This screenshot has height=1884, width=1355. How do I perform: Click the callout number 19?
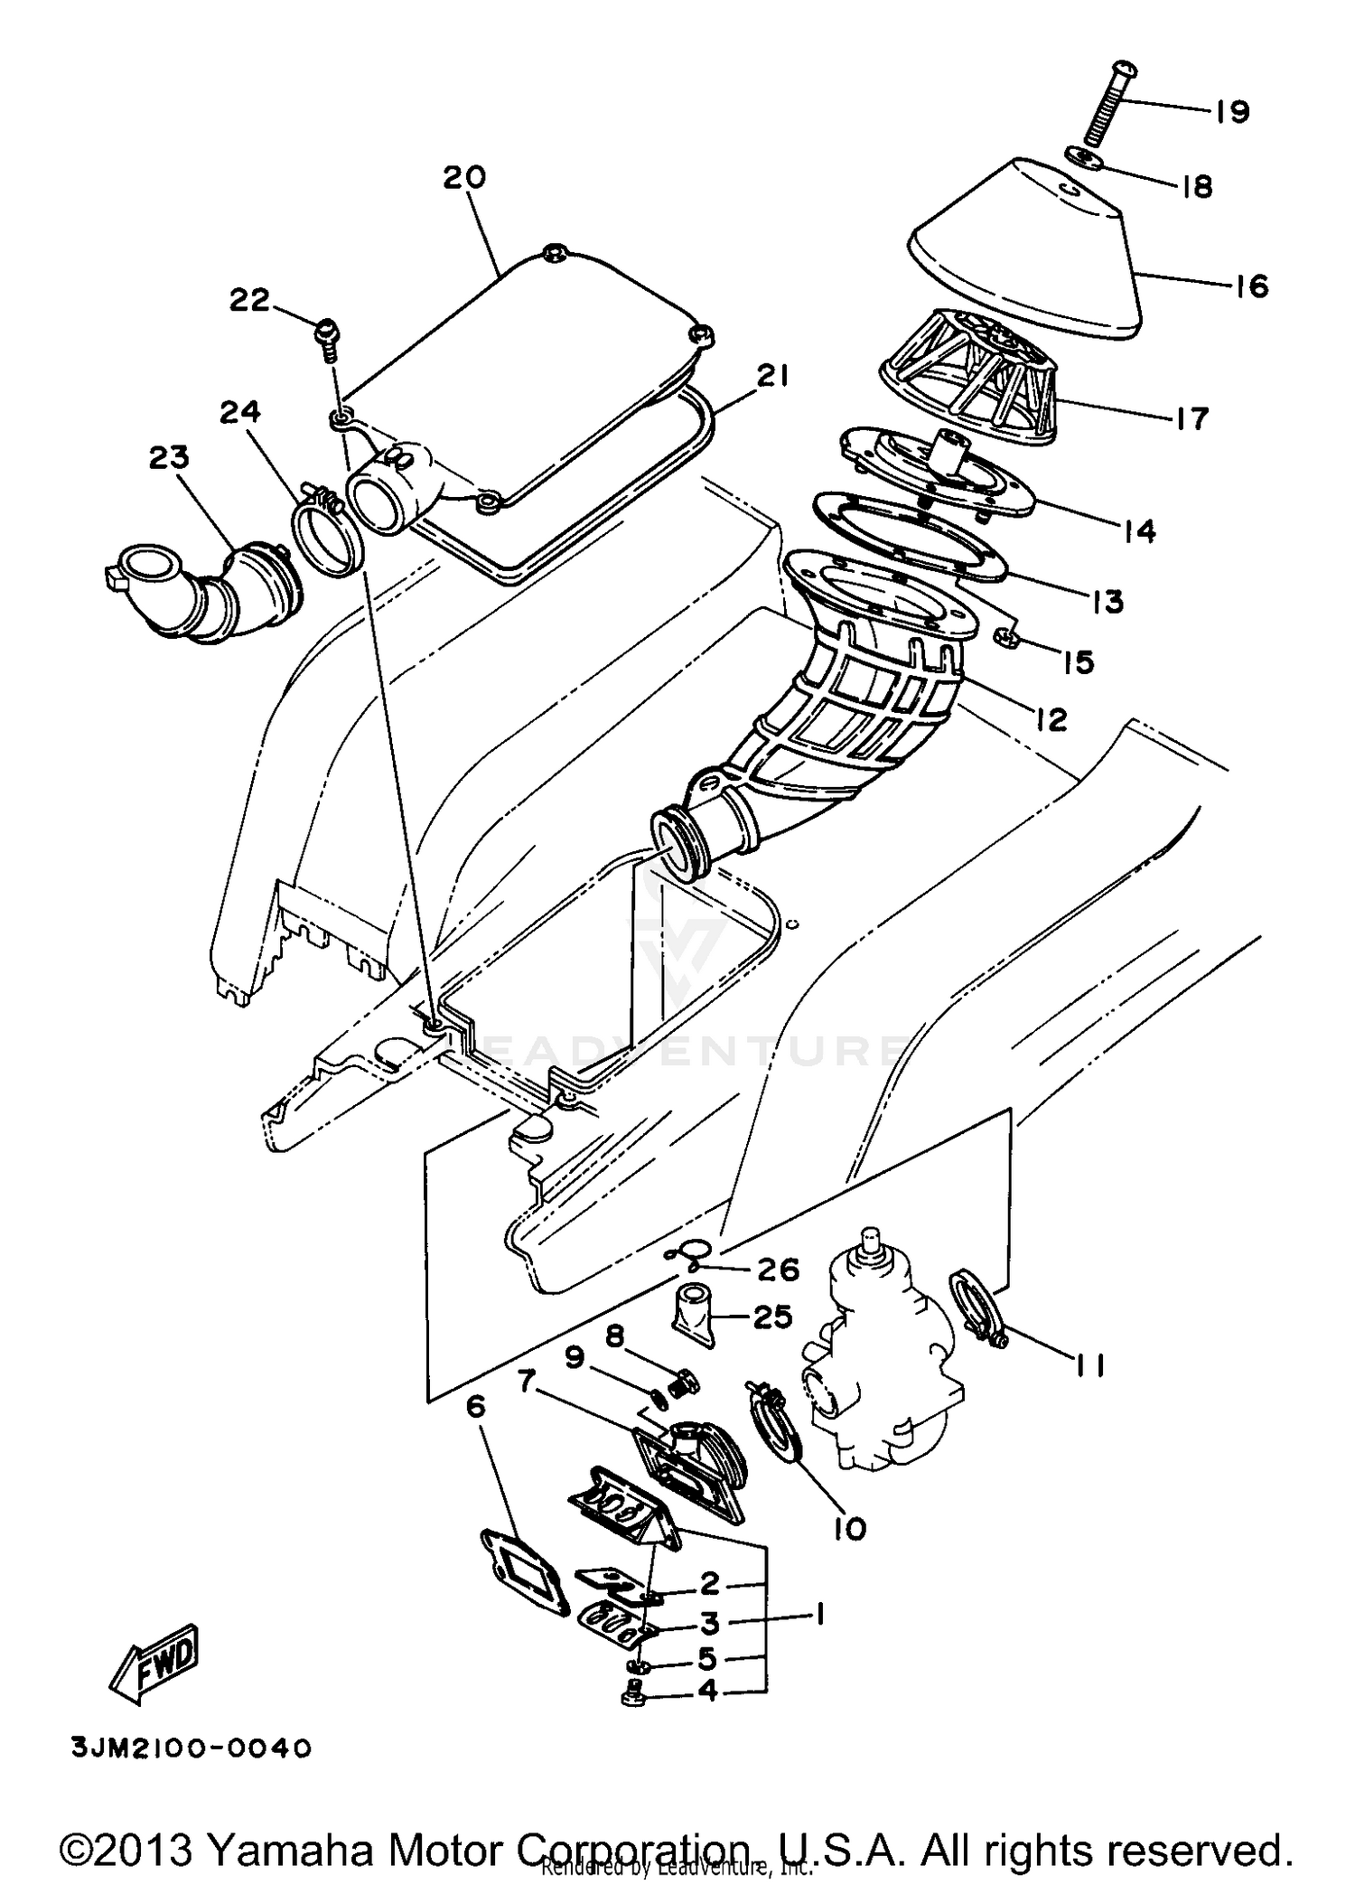point(1231,111)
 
